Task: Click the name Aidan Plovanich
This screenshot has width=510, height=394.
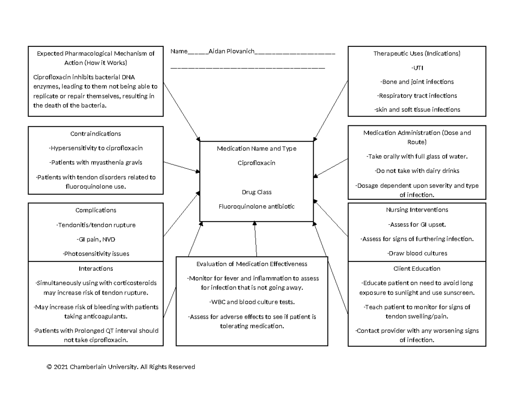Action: pos(231,51)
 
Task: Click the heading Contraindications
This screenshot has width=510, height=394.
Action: pos(96,133)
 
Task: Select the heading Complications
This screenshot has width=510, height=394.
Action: pos(96,210)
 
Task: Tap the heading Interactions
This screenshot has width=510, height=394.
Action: pos(96,269)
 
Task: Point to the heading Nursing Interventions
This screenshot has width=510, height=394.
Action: pos(416,210)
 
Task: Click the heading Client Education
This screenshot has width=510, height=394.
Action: pos(416,269)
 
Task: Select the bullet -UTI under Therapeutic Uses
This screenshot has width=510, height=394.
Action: pos(416,68)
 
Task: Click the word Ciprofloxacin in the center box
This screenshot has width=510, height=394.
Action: pos(256,163)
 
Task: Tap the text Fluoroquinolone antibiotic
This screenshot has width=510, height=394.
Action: pos(256,206)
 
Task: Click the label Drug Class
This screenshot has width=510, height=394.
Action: pos(256,192)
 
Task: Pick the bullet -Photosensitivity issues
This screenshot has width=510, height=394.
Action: pos(96,254)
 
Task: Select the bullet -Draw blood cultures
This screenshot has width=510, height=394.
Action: pos(416,253)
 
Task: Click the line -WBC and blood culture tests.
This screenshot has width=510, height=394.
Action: pos(251,302)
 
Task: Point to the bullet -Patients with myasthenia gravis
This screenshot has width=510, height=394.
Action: pos(96,162)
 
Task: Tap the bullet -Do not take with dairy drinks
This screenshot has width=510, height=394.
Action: pos(416,171)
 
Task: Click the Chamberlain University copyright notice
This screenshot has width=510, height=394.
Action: pos(121,367)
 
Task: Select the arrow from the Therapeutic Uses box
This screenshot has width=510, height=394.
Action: pos(331,111)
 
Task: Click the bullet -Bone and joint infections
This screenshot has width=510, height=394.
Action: pos(416,82)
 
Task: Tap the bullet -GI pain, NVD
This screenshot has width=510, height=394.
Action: pos(96,239)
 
